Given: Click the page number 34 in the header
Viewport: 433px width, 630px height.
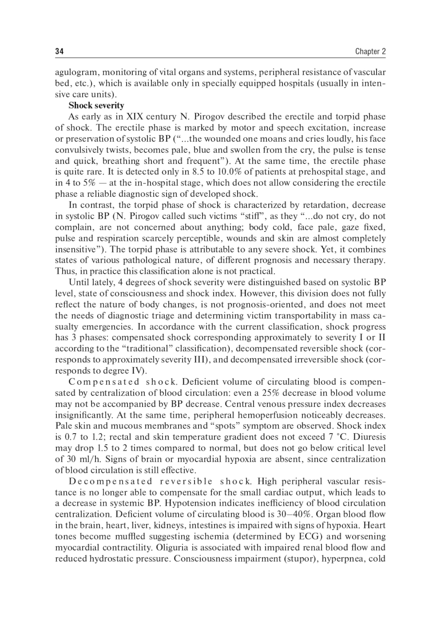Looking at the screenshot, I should click(59, 52).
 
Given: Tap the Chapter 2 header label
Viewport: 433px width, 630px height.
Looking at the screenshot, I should click(370, 52).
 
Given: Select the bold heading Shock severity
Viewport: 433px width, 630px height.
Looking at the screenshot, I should click(96, 105).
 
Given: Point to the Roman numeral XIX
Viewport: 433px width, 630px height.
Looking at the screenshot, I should click(134, 117).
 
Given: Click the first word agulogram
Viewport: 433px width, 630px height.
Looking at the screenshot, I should click(76, 72).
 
